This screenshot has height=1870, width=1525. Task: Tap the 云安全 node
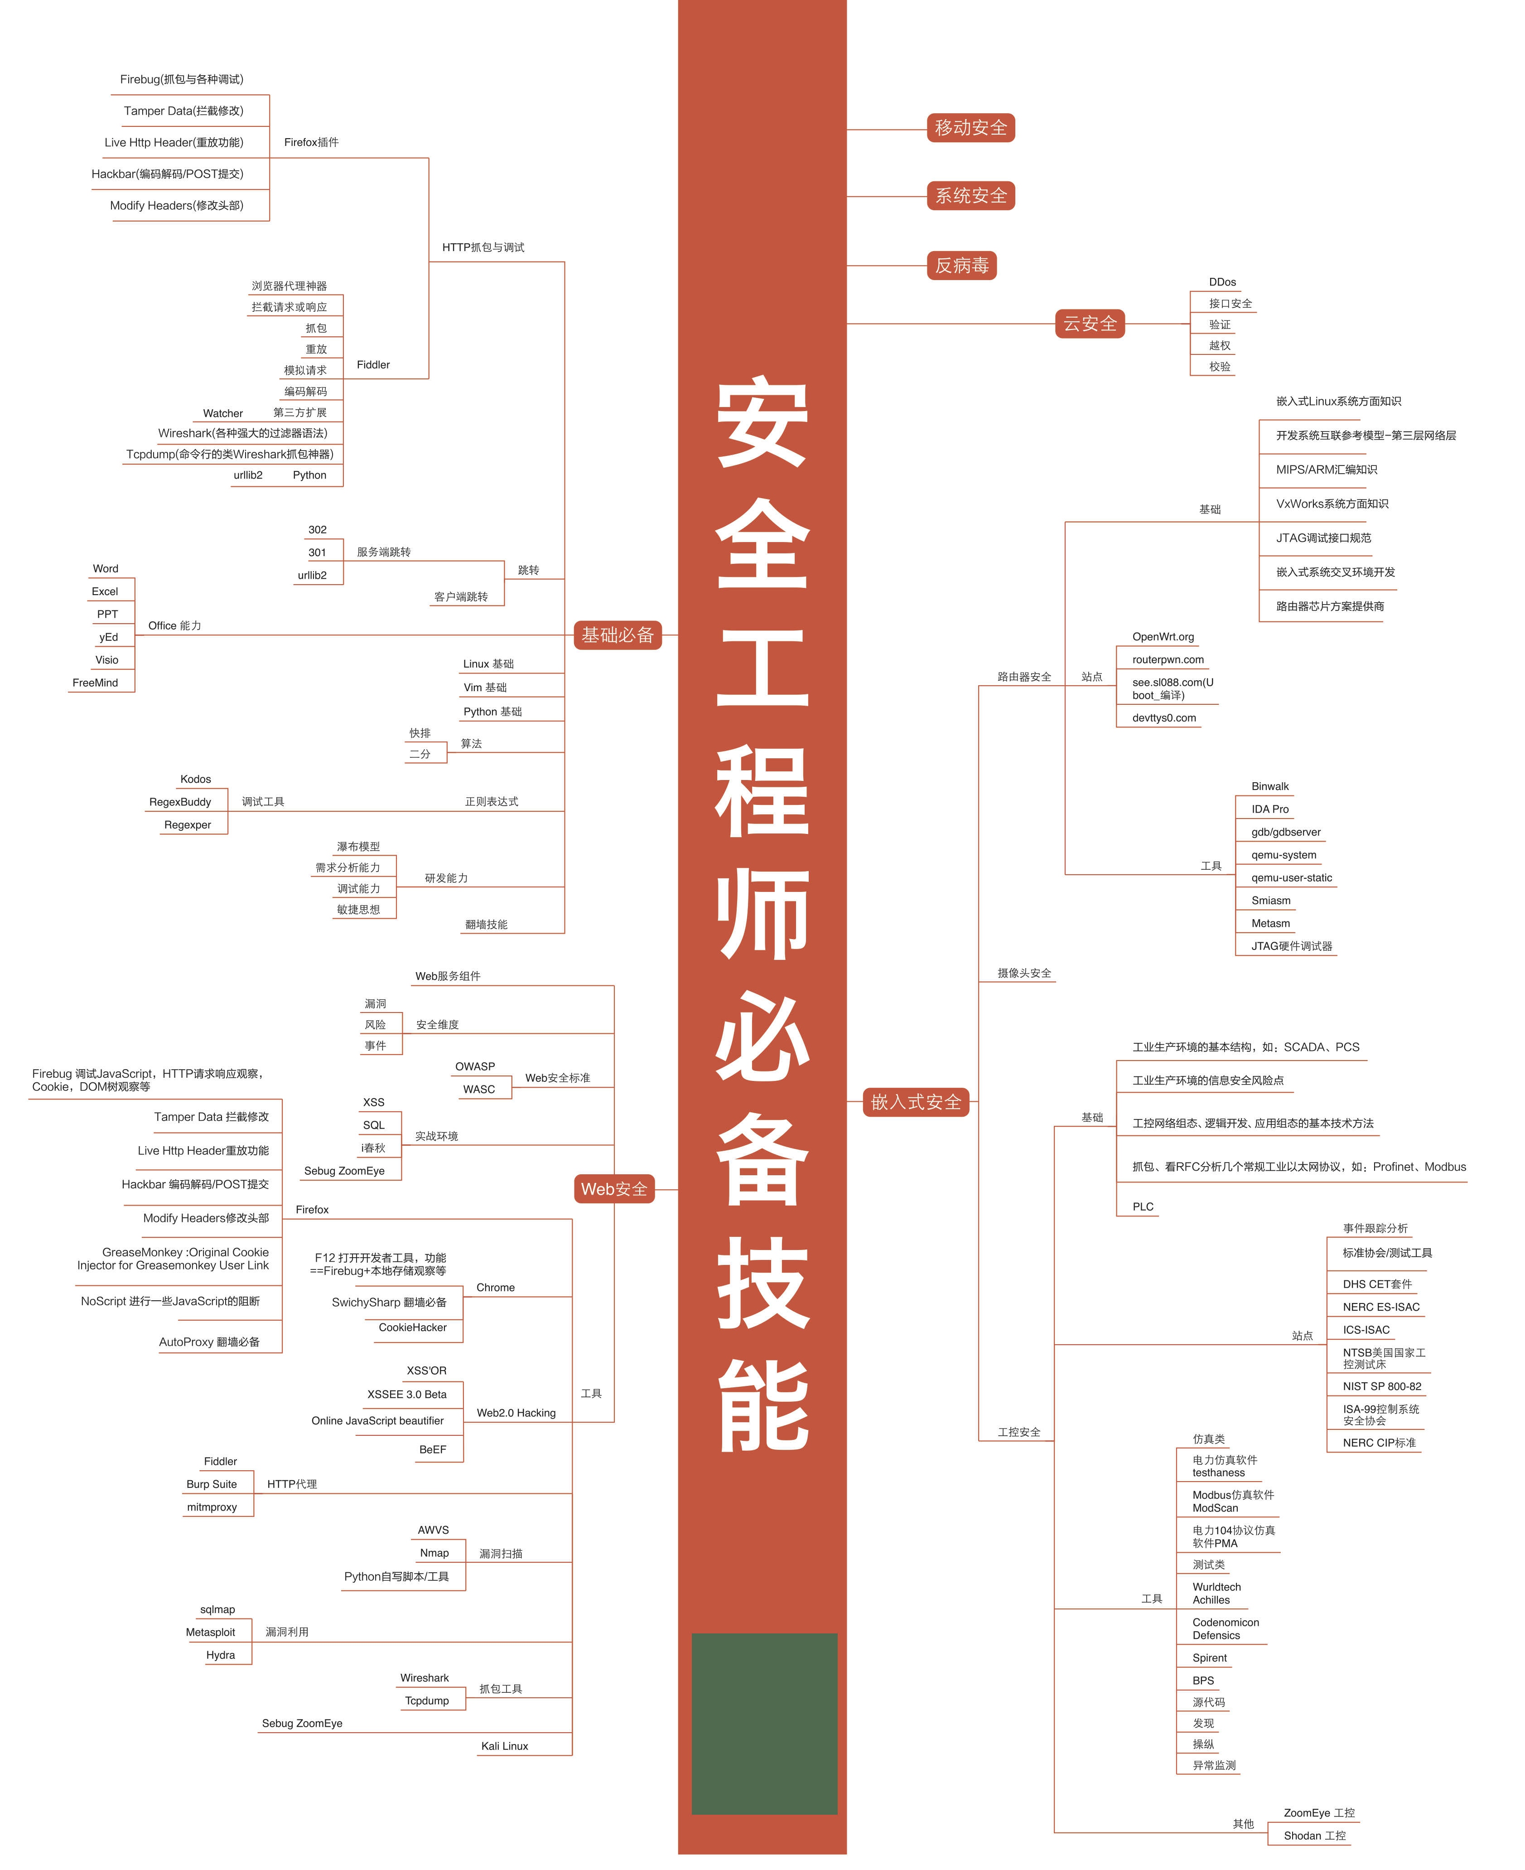1089,324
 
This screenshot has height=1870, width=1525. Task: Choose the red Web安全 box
613,1189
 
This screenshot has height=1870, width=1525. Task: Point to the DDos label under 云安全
1222,282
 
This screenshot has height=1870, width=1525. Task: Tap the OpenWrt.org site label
1162,637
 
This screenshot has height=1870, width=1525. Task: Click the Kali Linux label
504,1746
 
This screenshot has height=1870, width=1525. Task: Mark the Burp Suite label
212,1484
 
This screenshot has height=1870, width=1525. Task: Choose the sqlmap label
217,1610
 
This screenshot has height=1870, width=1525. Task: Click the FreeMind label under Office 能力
95,683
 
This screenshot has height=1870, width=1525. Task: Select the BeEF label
432,1450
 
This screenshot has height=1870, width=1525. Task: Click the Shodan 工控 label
1314,1836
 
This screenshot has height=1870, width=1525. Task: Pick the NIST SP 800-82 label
1381,1387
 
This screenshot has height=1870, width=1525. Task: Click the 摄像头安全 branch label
1023,974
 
